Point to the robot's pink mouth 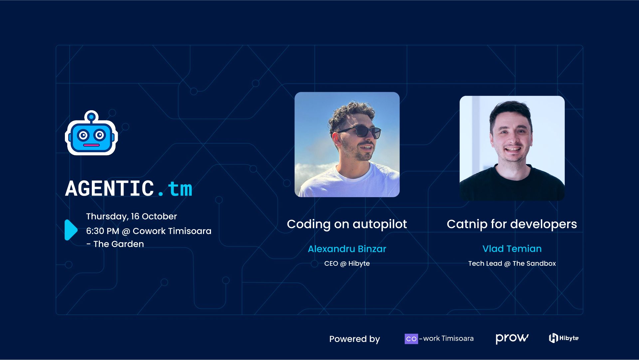click(91, 145)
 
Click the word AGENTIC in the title click(109, 188)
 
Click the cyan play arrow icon click(71, 230)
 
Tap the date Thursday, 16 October click(131, 216)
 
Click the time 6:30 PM click(103, 231)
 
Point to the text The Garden click(118, 244)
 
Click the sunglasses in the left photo click(361, 131)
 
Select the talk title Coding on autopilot click(347, 224)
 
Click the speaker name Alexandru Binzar click(347, 249)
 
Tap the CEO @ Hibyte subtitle click(347, 263)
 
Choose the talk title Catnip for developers click(512, 224)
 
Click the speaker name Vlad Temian click(512, 249)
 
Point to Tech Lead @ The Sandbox click(512, 263)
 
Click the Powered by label click(354, 339)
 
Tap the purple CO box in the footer click(411, 339)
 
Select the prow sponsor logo click(512, 338)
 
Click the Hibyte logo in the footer click(563, 338)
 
